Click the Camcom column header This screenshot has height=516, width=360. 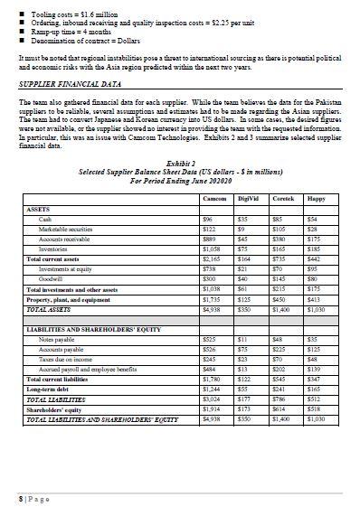coord(213,197)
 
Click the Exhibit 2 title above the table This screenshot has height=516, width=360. coord(180,164)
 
